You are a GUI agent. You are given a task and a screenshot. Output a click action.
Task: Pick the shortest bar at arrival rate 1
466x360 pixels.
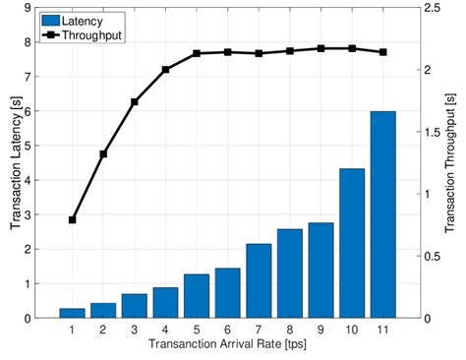tap(72, 313)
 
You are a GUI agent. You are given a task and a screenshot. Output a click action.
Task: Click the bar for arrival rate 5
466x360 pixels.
tap(197, 295)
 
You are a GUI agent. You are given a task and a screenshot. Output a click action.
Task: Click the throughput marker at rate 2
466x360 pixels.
tap(103, 153)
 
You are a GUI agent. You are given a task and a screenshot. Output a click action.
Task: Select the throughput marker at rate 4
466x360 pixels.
tap(165, 70)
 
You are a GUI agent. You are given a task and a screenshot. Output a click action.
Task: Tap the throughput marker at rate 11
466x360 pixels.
tap(382, 52)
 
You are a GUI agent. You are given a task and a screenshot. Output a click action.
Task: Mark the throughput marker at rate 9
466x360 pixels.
tap(320, 48)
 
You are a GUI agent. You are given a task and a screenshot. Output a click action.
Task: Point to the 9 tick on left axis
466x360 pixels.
tap(29, 8)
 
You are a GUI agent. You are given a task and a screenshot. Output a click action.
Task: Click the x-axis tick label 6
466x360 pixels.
tap(227, 330)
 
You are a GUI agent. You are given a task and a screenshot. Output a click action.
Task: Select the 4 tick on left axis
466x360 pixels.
tap(29, 180)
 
